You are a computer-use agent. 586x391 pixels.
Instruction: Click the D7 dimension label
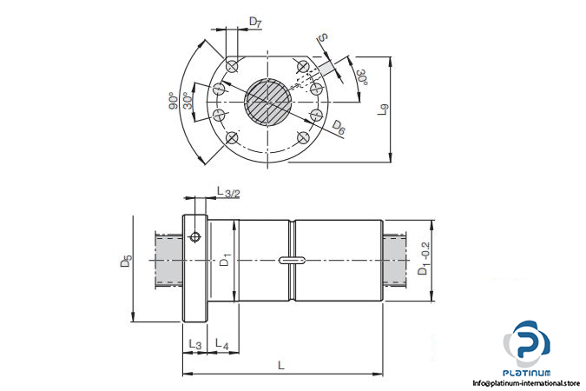coord(255,22)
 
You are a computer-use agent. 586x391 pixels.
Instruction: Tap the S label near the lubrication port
coord(323,37)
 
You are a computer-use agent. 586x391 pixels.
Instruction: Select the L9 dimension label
coord(384,109)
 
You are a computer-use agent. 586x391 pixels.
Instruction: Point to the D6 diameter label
coord(339,128)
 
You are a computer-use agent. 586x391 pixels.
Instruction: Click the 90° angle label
coord(173,101)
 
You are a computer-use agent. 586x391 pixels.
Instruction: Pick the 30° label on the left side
coord(188,100)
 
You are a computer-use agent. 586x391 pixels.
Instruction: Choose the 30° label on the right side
coord(362,77)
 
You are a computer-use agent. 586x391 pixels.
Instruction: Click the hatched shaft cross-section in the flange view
coord(267,102)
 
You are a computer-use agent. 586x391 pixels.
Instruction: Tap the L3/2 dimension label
coord(228,192)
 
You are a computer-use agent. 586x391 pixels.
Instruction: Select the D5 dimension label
coord(127,261)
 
